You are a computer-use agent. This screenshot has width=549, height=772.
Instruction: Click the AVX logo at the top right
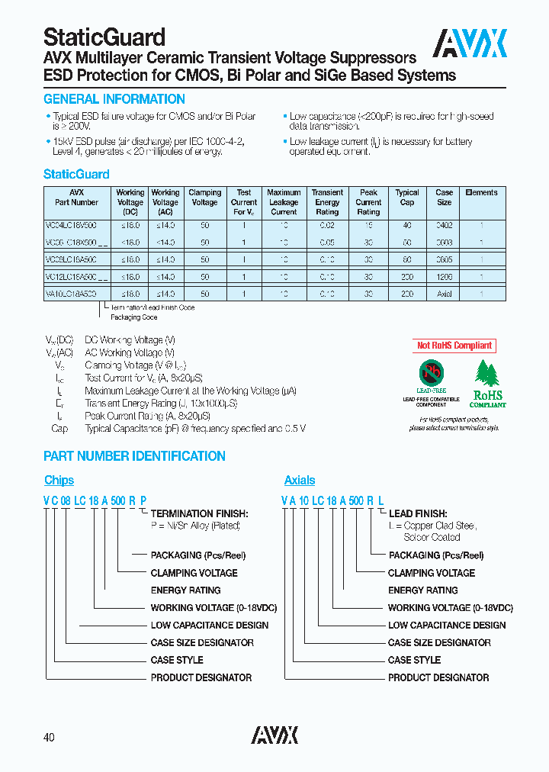click(x=470, y=43)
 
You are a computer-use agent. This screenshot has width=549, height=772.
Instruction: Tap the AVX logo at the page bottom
click(x=274, y=735)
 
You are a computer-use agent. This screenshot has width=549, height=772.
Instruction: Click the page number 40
click(x=49, y=738)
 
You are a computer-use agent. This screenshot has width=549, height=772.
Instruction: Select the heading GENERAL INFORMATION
click(x=114, y=99)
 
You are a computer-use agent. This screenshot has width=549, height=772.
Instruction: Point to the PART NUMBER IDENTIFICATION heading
click(x=134, y=456)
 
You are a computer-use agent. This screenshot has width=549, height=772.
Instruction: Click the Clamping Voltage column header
click(x=204, y=198)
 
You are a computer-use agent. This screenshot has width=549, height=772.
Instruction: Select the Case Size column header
click(x=444, y=198)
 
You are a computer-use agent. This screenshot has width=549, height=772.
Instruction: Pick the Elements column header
click(x=481, y=193)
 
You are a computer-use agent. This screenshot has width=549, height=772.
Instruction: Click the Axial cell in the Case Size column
click(x=444, y=294)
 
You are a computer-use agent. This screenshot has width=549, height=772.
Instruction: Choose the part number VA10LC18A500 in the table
click(x=71, y=294)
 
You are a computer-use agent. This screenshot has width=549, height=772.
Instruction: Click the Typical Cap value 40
click(x=407, y=225)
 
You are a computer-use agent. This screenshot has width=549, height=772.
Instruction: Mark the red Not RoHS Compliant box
click(x=454, y=346)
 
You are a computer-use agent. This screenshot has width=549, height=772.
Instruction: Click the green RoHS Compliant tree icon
click(x=487, y=381)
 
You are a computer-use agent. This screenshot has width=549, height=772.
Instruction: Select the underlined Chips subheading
click(x=59, y=481)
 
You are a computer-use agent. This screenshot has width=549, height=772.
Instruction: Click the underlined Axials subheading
click(x=300, y=481)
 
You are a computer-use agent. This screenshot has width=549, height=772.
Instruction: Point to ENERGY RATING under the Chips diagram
click(x=185, y=590)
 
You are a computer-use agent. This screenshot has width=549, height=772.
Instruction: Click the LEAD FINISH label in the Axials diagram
click(x=418, y=514)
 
